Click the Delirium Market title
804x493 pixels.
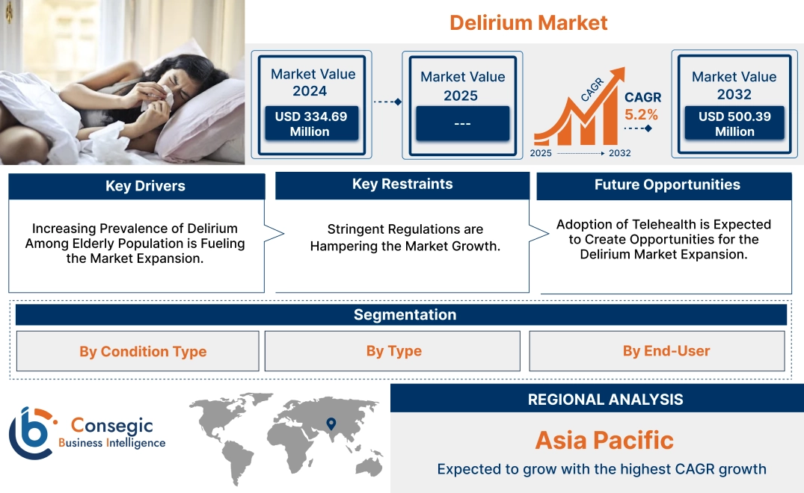tap(528, 22)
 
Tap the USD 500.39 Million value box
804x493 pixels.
tap(734, 124)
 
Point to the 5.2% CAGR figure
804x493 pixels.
tap(642, 114)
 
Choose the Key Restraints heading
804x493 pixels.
tap(402, 185)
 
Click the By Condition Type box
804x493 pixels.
tap(143, 351)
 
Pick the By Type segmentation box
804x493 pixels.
tap(393, 351)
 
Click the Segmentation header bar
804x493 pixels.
tap(405, 314)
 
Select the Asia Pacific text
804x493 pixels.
tap(604, 440)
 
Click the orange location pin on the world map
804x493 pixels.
tap(330, 424)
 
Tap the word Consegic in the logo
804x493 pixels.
tap(111, 426)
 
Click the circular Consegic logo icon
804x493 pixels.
tap(32, 433)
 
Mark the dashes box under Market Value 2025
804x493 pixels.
tap(462, 123)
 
